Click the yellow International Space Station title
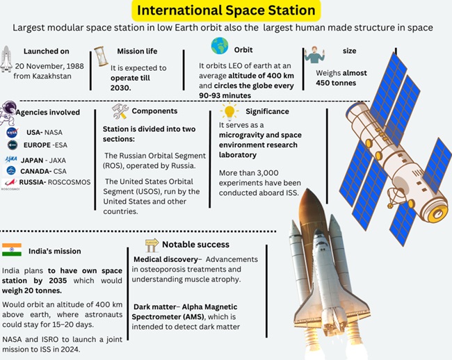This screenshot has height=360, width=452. pyautogui.click(x=225, y=10)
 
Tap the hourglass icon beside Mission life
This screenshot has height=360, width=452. pyautogui.click(x=101, y=55)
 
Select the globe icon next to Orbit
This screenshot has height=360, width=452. pyautogui.click(x=220, y=47)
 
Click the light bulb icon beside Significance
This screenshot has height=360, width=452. pyautogui.click(x=228, y=111)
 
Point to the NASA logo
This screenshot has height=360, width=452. pyautogui.click(x=12, y=132)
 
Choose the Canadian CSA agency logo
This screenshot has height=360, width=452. pyautogui.click(x=12, y=170)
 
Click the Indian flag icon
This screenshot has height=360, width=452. pyautogui.click(x=12, y=250)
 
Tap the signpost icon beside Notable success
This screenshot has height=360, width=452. pyautogui.click(x=152, y=245)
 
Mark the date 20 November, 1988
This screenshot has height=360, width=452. pyautogui.click(x=53, y=65)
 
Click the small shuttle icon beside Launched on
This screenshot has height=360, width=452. pyautogui.click(x=8, y=59)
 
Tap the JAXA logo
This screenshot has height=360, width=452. pyautogui.click(x=12, y=158)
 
